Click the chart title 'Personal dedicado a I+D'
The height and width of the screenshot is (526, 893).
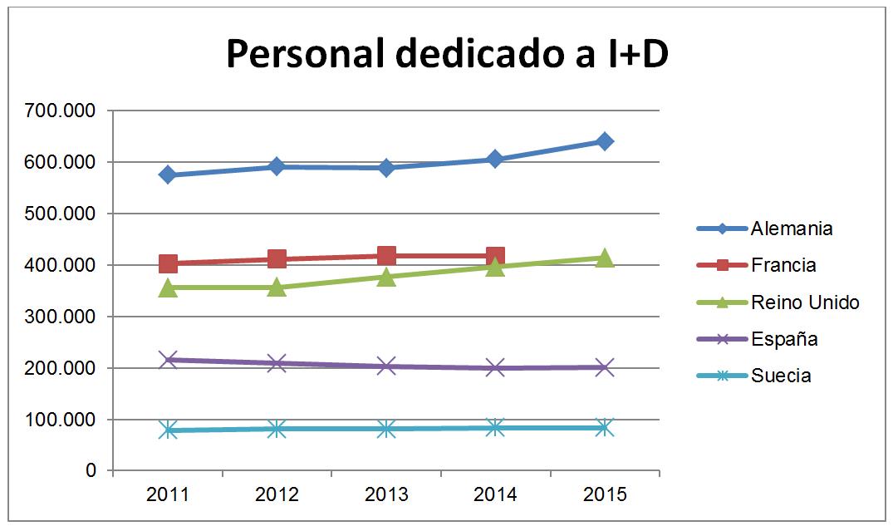(x=447, y=56)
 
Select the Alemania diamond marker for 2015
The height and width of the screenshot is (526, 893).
(x=604, y=141)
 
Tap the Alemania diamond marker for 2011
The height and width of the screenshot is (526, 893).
(x=168, y=175)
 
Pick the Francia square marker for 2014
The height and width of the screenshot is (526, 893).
(x=495, y=256)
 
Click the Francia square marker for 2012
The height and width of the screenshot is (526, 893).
(x=277, y=259)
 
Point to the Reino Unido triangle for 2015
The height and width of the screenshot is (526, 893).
(x=604, y=258)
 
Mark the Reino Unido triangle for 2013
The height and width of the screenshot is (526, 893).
(x=386, y=277)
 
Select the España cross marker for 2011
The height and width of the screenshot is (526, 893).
(x=168, y=360)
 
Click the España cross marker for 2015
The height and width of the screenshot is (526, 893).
(x=604, y=367)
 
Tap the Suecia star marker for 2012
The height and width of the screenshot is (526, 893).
(x=277, y=429)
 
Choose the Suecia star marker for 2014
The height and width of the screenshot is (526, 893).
(x=495, y=428)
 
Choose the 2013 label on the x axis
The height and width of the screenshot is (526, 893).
(x=386, y=495)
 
